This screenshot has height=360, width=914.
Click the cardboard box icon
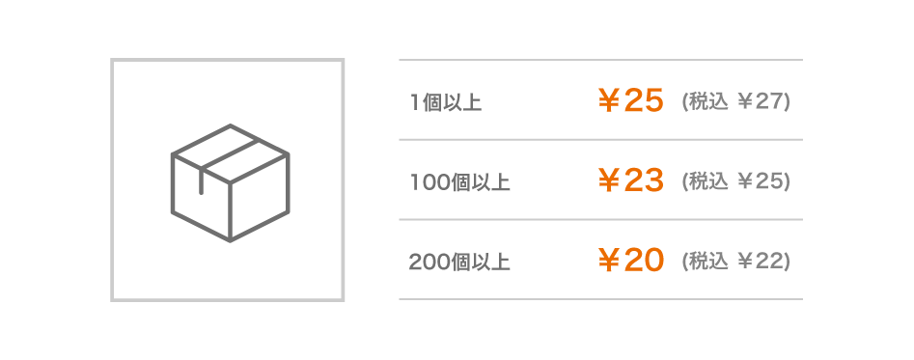pyautogui.click(x=231, y=183)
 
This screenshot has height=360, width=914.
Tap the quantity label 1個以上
pyautogui.click(x=446, y=103)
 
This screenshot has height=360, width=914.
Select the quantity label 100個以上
pyautogui.click(x=460, y=183)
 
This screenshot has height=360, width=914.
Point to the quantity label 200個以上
pyautogui.click(x=460, y=263)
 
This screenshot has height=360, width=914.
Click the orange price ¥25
pyautogui.click(x=630, y=100)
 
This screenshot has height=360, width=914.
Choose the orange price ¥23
pyautogui.click(x=630, y=180)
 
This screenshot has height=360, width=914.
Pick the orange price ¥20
pyautogui.click(x=630, y=261)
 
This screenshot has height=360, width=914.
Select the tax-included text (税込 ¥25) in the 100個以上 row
pyautogui.click(x=735, y=181)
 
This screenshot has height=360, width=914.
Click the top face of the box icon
pyautogui.click(x=231, y=153)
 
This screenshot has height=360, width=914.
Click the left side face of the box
pyautogui.click(x=201, y=198)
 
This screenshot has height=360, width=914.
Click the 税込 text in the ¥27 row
pyautogui.click(x=708, y=102)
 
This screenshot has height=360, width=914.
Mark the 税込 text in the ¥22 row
pyautogui.click(x=708, y=262)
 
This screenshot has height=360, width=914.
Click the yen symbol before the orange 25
pyautogui.click(x=609, y=101)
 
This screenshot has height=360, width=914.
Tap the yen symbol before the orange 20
pyautogui.click(x=609, y=261)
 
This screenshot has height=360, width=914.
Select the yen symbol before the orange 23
pyautogui.click(x=609, y=181)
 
